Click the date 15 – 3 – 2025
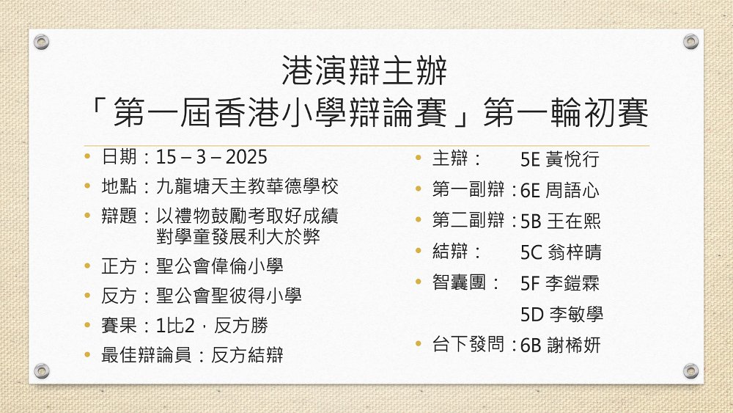click(x=211, y=157)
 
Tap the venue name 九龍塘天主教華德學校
click(x=247, y=186)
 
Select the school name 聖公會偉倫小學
click(x=220, y=266)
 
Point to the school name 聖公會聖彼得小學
click(x=229, y=296)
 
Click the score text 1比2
click(x=175, y=326)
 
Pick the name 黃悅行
click(x=572, y=159)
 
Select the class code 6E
click(x=530, y=191)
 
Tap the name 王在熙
click(x=573, y=222)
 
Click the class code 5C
click(x=531, y=252)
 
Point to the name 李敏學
click(x=576, y=314)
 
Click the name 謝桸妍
click(x=573, y=346)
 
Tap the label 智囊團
click(x=459, y=282)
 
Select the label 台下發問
click(x=468, y=344)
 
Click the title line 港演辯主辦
click(x=364, y=70)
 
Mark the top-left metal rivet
click(x=42, y=42)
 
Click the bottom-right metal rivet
click(x=691, y=371)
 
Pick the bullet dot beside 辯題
click(x=87, y=215)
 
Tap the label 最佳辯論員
click(x=147, y=355)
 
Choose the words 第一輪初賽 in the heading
click(x=566, y=113)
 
